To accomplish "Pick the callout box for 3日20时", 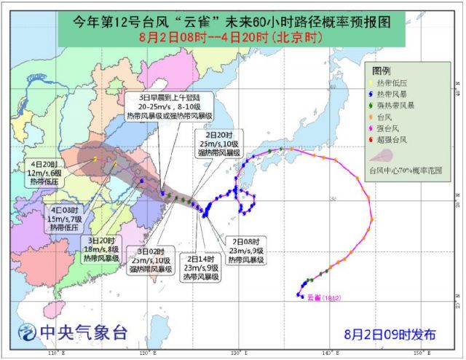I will pyautogui.click(x=103, y=248).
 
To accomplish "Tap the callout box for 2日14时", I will pyautogui.click(x=199, y=267).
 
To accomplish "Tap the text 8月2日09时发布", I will pyautogui.click(x=391, y=334).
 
